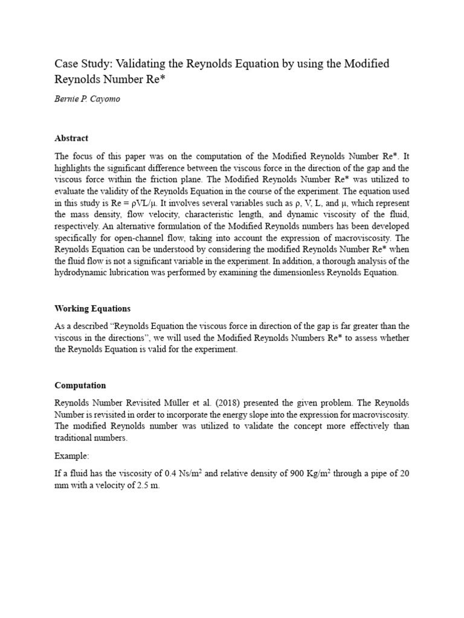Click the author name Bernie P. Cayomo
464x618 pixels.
(87, 99)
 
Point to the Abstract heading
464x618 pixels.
(71, 138)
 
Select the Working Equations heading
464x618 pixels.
(92, 308)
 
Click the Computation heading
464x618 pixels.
(80, 385)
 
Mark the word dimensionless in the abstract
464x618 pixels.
(295, 272)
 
